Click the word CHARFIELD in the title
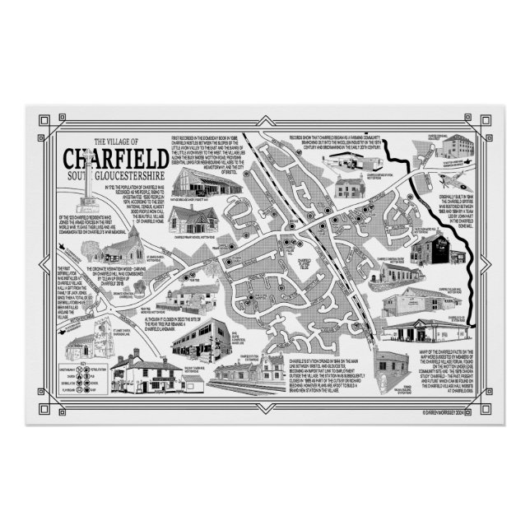[114, 158]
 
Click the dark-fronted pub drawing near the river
[433, 248]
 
